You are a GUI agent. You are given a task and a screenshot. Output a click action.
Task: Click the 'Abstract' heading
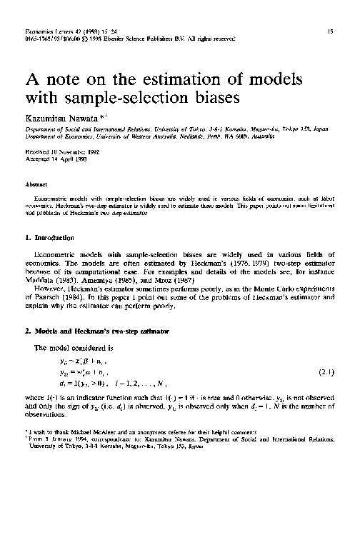pyautogui.click(x=36, y=184)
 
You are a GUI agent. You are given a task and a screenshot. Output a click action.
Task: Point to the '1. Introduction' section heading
pyautogui.click(x=51, y=236)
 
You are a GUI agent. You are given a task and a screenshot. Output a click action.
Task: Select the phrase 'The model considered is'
pyautogui.click(x=69, y=347)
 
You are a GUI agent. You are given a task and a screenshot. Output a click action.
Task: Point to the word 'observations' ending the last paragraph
pyautogui.click(x=46, y=415)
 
